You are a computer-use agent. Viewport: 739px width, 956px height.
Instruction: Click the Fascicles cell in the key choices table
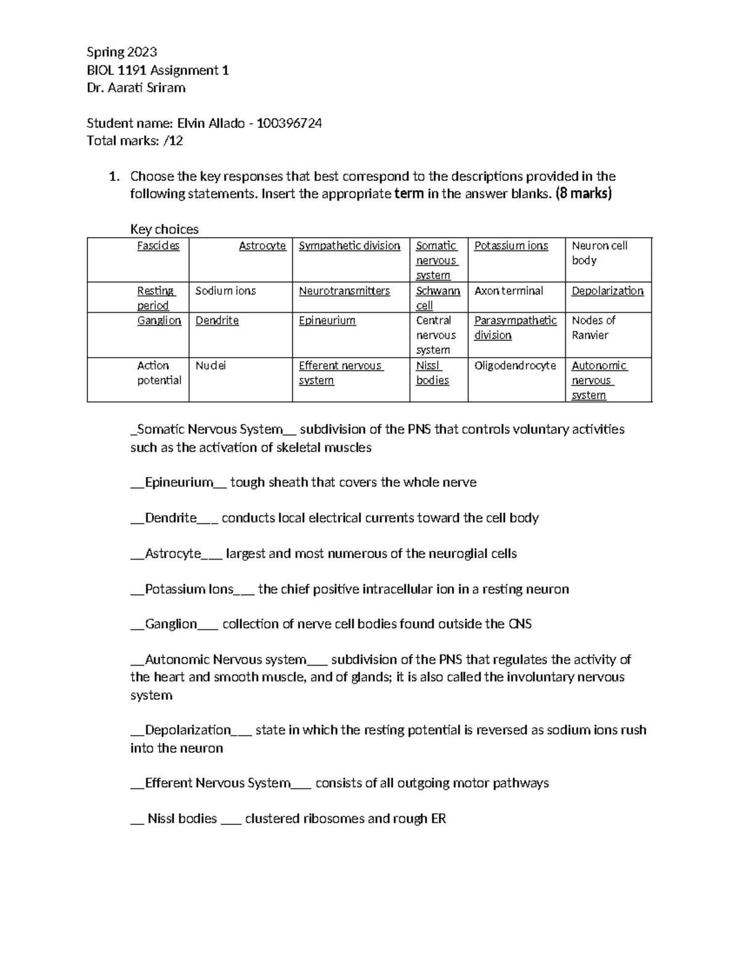coord(158,246)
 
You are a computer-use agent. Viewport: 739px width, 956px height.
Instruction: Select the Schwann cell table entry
coord(437,298)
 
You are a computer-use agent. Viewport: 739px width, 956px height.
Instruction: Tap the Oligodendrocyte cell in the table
coord(515,366)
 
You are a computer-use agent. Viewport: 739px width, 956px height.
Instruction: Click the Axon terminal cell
coord(509,291)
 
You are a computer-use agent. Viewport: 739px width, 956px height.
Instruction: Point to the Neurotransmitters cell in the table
coord(344,291)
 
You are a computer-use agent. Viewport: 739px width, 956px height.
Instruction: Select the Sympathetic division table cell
coord(349,246)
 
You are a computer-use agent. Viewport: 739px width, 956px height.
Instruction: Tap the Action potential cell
coord(159,373)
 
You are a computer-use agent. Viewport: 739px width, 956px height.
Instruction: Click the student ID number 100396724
coord(289,123)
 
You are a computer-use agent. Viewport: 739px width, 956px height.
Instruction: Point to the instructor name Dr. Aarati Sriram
coord(136,87)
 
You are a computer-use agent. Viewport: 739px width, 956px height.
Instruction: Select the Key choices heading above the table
coord(164,230)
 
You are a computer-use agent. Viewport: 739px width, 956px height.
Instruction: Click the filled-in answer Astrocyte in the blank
coord(173,554)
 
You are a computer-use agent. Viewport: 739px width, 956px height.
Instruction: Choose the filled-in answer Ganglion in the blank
coord(171,624)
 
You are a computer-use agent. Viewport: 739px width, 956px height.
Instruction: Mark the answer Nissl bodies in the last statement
coord(182,819)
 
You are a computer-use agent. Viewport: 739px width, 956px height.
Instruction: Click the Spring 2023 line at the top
coord(122,52)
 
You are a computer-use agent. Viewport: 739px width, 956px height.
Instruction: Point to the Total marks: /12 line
coord(135,141)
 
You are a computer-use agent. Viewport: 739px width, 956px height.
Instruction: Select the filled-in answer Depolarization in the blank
coord(188,730)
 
